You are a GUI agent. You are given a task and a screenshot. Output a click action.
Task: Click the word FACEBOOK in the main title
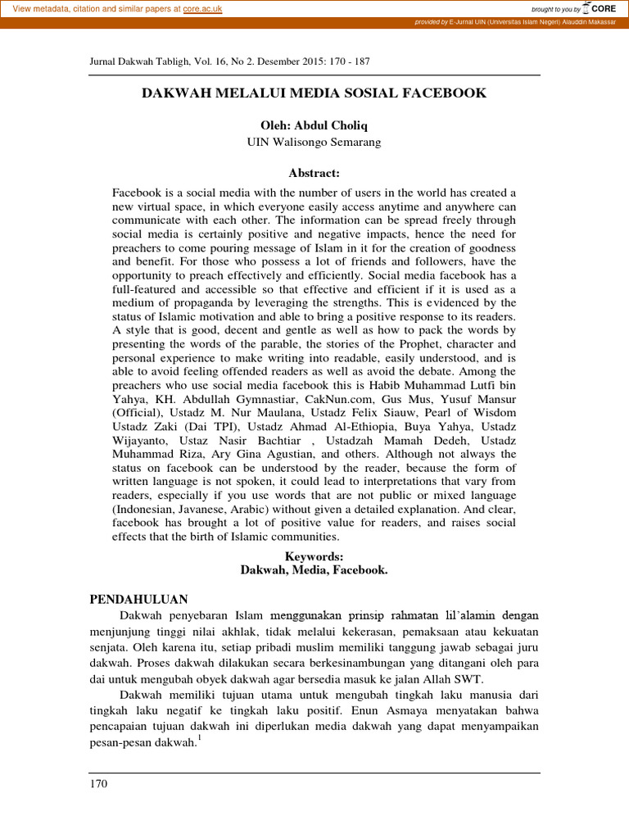444,93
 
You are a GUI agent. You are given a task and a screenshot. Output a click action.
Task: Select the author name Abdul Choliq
328,125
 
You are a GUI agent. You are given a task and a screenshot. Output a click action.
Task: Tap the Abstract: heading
314,174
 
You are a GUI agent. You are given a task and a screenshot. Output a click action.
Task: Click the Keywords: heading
314,556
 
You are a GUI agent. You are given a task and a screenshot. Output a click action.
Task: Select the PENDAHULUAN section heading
138,599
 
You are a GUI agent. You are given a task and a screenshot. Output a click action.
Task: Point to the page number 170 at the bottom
98,784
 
